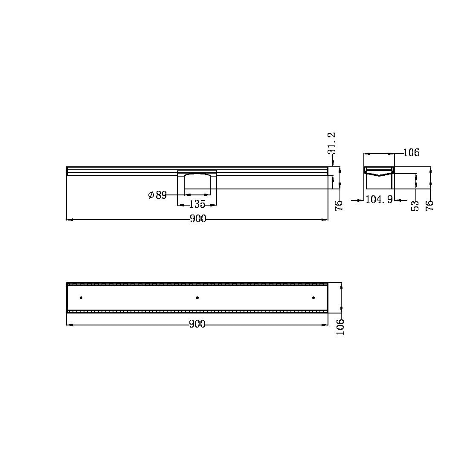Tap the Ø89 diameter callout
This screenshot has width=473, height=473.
157,195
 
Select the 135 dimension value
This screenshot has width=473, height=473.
197,204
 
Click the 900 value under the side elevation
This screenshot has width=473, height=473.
198,219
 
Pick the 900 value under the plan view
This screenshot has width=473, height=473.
197,324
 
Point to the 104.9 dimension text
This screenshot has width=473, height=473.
379,199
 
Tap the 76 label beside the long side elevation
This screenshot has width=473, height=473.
339,206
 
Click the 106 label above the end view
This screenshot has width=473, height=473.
411,152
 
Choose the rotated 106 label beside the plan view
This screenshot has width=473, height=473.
340,327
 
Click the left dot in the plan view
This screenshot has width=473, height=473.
81,297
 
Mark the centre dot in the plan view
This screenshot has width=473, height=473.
197,297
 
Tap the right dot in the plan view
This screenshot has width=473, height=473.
313,297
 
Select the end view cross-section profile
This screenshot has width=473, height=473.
379,177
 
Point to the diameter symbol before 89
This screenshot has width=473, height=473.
151,195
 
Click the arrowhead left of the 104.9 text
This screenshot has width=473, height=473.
360,199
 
